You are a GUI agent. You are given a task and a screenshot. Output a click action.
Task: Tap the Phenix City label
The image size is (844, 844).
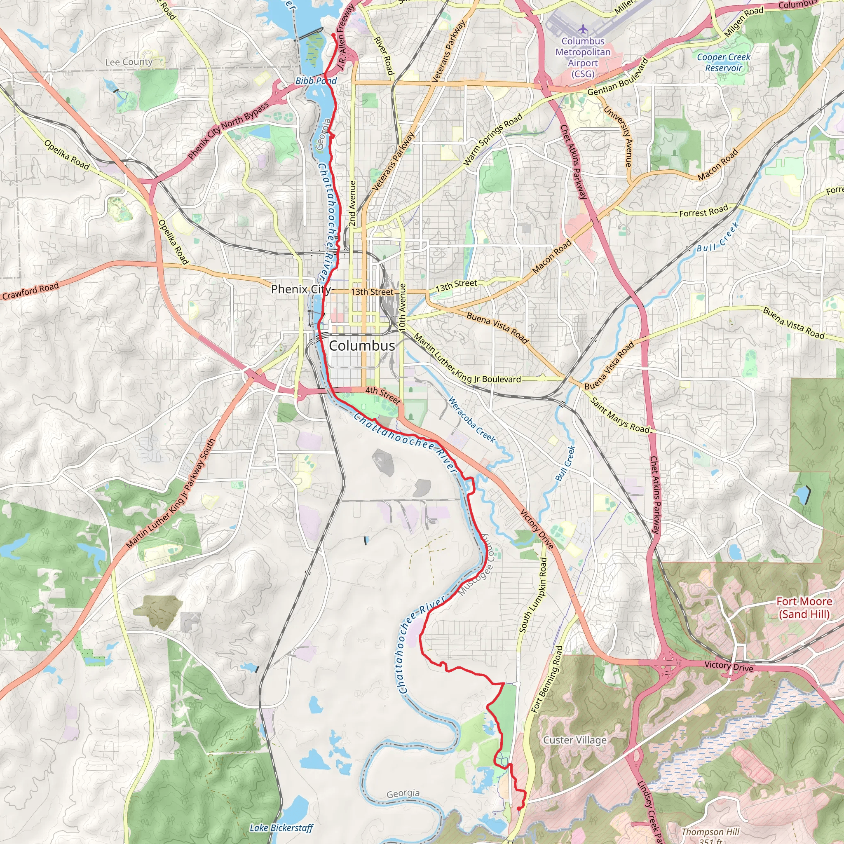(300, 289)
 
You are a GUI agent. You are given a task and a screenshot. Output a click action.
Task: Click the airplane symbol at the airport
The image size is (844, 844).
(583, 29)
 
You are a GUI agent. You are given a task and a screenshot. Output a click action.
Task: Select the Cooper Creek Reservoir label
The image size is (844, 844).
(723, 63)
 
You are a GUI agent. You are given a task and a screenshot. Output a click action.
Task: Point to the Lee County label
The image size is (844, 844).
(129, 62)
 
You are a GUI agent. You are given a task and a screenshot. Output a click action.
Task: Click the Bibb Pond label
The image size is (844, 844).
(316, 81)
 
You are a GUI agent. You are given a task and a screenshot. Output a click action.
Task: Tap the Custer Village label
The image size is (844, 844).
(574, 740)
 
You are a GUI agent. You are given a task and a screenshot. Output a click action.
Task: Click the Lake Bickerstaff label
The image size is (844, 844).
(281, 828)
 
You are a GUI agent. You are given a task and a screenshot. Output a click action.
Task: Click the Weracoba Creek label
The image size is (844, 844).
(472, 420)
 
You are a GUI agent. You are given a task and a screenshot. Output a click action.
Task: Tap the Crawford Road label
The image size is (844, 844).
(30, 291)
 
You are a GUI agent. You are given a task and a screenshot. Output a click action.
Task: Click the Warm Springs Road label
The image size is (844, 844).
(493, 140)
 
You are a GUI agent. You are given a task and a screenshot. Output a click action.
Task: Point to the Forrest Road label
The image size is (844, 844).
(703, 211)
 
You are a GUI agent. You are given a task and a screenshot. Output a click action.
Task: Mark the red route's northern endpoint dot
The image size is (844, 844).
(333, 35)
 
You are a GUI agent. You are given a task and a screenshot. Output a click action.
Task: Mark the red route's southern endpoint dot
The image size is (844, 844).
(518, 809)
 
